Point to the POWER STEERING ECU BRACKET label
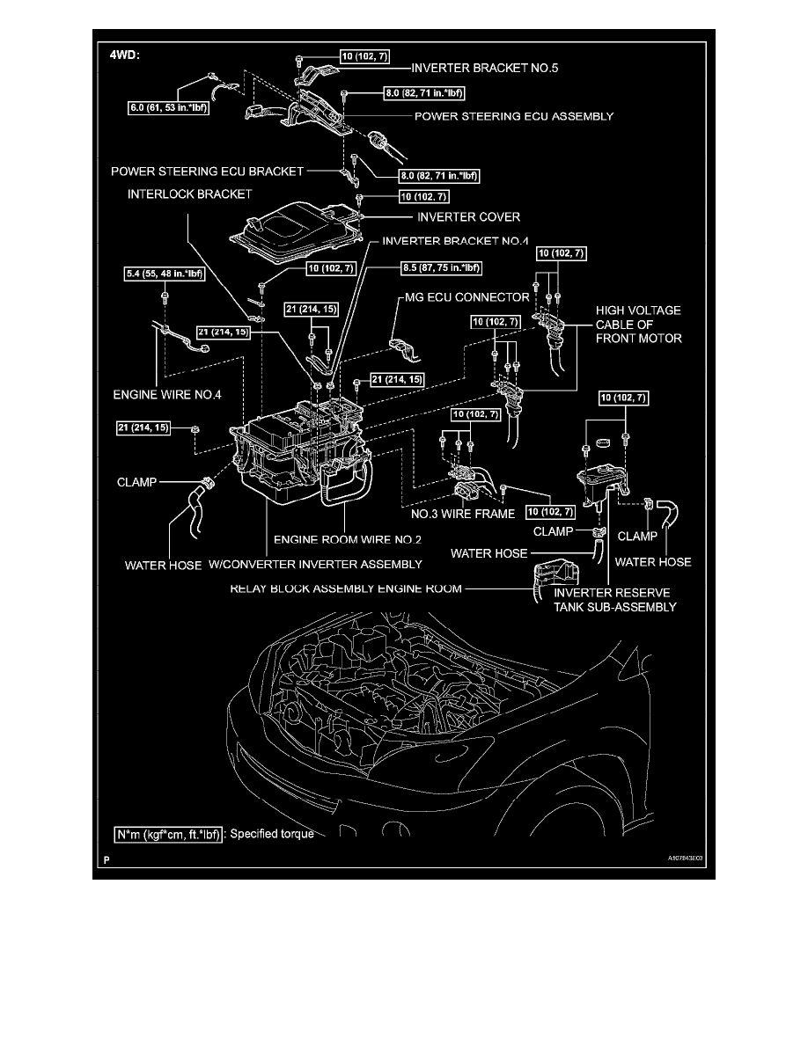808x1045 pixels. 207,171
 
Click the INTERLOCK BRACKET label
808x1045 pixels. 188,194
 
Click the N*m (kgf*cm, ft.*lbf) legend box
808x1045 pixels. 169,833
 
